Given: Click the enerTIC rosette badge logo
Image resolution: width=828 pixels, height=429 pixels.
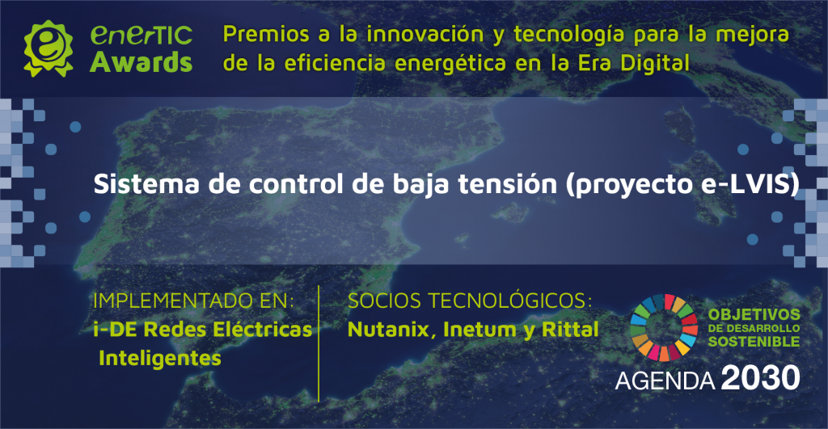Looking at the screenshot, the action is pos(48,48).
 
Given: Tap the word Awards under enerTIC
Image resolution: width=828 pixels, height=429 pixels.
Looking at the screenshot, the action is pos(141,62).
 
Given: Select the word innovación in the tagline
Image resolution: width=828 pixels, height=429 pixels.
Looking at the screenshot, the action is pos(425,34).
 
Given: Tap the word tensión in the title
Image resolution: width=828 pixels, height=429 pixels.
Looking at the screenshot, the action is pos(507,184).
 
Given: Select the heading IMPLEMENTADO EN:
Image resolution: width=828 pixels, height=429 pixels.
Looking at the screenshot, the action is pos(193,301).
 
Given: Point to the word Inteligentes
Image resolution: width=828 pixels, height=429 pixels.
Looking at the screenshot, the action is pos(159,358).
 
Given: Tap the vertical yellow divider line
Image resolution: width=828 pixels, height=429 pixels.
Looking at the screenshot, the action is pos(319,343).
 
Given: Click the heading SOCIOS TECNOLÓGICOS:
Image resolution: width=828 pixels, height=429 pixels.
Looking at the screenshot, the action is pos(470,301).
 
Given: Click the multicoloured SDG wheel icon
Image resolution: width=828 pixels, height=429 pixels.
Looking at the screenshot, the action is pos(665,328).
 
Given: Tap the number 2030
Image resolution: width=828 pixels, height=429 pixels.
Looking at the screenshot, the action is pos(760,378).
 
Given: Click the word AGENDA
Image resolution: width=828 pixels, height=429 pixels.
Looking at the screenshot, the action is pos(665,381).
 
